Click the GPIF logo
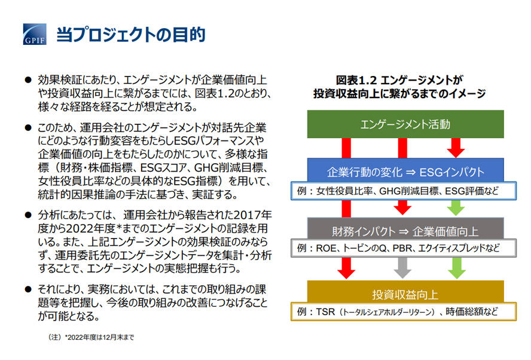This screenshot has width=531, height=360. click(x=35, y=34)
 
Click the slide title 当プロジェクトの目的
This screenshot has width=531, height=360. click(x=131, y=35)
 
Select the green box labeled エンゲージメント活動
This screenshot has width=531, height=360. click(x=405, y=124)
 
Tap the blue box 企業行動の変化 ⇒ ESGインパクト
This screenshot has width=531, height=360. click(x=405, y=170)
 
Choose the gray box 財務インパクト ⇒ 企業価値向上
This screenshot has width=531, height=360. click(x=405, y=229)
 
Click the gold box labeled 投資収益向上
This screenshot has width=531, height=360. click(x=405, y=292)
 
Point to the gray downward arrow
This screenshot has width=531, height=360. click(x=402, y=267)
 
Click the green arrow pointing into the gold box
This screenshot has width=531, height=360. click(x=456, y=267)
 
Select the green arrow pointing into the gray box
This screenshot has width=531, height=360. click(x=456, y=208)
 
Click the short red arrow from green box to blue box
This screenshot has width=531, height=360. click(x=456, y=148)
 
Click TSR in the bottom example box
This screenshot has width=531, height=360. click(x=325, y=312)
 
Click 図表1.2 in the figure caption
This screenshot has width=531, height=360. click(x=356, y=80)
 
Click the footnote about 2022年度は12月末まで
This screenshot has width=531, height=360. click(x=91, y=337)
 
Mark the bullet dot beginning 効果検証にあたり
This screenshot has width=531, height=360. click(x=28, y=80)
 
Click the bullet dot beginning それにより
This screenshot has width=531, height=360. click(x=28, y=289)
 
